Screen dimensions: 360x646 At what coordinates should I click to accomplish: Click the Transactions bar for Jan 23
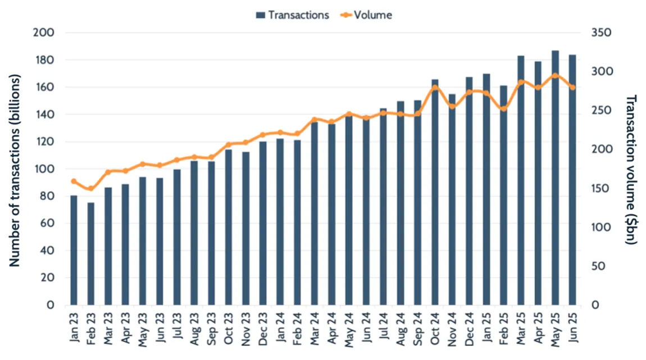pos(74,250)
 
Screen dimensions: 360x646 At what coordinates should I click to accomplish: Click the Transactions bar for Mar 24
pos(314,213)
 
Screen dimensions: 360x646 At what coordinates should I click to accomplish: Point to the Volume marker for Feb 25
pos(503,108)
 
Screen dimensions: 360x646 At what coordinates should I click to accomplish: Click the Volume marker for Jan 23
pos(74,181)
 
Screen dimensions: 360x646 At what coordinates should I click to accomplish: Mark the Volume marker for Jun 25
pos(572,87)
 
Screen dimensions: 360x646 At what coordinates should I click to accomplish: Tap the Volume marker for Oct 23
pos(228,144)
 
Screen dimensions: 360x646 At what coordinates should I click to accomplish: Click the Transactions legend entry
pos(293,15)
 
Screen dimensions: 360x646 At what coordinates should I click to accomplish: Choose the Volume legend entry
pos(366,15)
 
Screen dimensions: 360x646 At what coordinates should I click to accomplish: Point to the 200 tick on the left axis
pos(46,33)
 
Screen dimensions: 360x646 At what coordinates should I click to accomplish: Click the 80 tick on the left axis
pos(48,196)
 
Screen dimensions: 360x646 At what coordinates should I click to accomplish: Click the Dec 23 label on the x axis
pos(263,331)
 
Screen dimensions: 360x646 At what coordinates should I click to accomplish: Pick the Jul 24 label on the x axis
pos(384,331)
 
